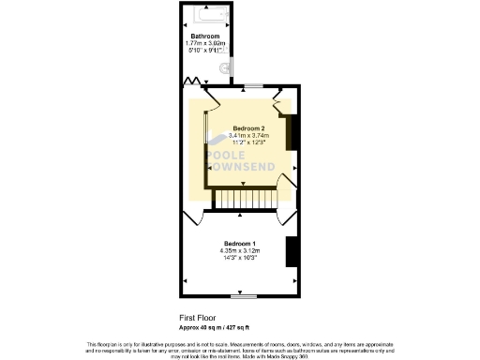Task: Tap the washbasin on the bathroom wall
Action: click(224, 68)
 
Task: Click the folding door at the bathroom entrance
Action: click(193, 82)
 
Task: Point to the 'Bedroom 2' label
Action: click(248, 127)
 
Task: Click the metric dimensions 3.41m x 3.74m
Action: click(248, 135)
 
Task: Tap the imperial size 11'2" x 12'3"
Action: click(248, 142)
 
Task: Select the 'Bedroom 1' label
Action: click(240, 243)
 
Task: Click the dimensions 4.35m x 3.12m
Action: click(240, 250)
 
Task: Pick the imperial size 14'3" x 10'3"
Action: click(240, 258)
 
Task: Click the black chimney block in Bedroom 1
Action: click(292, 251)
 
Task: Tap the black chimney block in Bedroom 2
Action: click(292, 132)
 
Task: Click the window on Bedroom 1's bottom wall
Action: click(245, 295)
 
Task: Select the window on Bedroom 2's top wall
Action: click(253, 88)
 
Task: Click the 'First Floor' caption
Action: click(200, 318)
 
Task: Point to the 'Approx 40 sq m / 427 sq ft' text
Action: click(215, 326)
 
